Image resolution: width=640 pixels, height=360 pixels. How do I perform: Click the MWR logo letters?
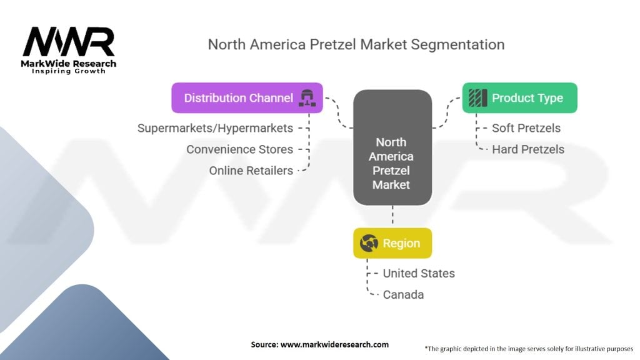point(69,42)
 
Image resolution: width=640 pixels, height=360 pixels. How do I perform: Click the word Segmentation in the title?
point(457,44)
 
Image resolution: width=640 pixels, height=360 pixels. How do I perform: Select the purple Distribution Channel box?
point(247,98)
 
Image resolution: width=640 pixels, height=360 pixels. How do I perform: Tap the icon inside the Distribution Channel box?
point(307,98)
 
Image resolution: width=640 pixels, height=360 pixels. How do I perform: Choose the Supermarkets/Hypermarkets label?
point(215,128)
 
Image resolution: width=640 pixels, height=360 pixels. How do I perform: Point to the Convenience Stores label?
point(239,149)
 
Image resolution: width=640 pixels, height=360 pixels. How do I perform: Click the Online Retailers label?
point(251,171)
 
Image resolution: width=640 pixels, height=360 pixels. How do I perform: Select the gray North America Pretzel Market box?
point(392,147)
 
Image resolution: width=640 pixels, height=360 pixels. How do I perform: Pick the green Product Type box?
point(519,98)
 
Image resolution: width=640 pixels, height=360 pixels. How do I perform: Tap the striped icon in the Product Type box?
point(478,98)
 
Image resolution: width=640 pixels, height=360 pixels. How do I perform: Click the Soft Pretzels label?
point(526,128)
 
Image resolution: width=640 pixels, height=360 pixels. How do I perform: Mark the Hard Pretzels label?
point(528,149)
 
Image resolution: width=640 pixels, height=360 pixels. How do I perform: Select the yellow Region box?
point(392,243)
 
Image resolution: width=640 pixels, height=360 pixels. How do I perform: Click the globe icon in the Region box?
point(369,243)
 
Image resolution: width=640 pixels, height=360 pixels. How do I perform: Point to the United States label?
point(419,274)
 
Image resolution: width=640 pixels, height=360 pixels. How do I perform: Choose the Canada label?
point(403,295)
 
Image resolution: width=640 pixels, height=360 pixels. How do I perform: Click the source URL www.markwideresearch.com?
point(335,344)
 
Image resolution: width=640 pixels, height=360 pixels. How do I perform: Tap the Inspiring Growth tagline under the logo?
point(69,71)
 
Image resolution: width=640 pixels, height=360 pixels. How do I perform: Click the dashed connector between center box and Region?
point(392,216)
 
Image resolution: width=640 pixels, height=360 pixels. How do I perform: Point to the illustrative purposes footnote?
point(529,349)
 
